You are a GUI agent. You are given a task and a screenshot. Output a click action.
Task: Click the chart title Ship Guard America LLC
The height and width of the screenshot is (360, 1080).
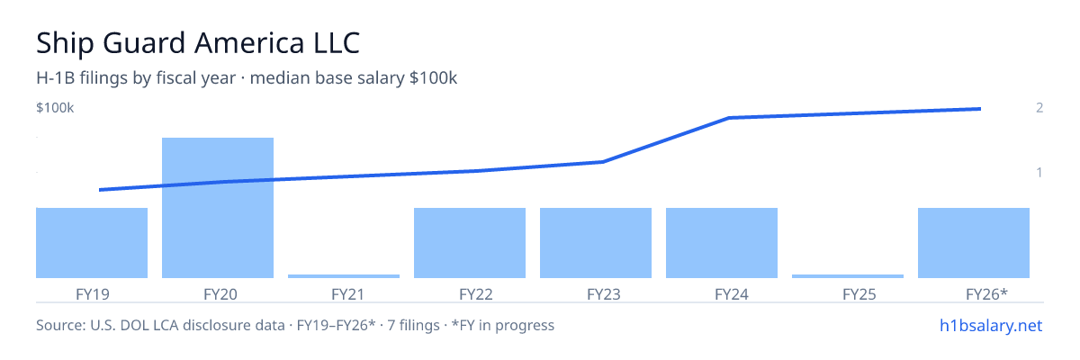198,43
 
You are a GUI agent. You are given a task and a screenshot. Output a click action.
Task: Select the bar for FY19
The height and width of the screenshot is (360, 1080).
92,243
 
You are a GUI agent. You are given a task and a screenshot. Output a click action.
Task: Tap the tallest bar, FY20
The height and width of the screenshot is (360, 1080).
218,208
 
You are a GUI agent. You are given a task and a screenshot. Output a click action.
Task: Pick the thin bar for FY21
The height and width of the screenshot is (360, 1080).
344,276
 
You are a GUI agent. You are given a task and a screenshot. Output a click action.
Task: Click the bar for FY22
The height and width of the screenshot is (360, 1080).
470,243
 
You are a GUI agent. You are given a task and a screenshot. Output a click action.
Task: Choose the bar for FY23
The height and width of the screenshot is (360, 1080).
596,243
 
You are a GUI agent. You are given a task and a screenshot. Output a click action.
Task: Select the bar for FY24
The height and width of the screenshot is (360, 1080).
722,243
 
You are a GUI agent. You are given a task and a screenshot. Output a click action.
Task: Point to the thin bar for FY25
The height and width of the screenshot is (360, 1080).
848,276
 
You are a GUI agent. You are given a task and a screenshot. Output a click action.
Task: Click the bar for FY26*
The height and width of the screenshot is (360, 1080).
974,243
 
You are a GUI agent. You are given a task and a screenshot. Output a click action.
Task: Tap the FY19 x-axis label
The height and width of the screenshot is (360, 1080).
93,294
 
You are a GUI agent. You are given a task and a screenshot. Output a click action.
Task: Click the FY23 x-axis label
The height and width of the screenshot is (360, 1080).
604,294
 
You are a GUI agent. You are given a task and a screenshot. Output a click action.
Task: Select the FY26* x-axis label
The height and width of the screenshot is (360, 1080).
987,294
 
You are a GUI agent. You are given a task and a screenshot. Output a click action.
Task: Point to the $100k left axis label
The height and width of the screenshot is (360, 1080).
55,107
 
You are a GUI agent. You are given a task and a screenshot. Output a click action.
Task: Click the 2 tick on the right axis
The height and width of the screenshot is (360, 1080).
1039,107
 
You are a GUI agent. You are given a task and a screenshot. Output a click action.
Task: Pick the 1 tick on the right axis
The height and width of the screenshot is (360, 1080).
1039,172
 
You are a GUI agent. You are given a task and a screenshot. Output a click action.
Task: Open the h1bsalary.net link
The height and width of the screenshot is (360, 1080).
991,325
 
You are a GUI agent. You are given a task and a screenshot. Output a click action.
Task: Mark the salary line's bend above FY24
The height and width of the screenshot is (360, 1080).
729,118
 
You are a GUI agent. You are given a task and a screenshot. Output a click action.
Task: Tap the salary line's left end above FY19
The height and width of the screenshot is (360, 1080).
100,190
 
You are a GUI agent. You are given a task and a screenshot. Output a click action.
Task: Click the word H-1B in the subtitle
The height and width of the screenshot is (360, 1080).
56,78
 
